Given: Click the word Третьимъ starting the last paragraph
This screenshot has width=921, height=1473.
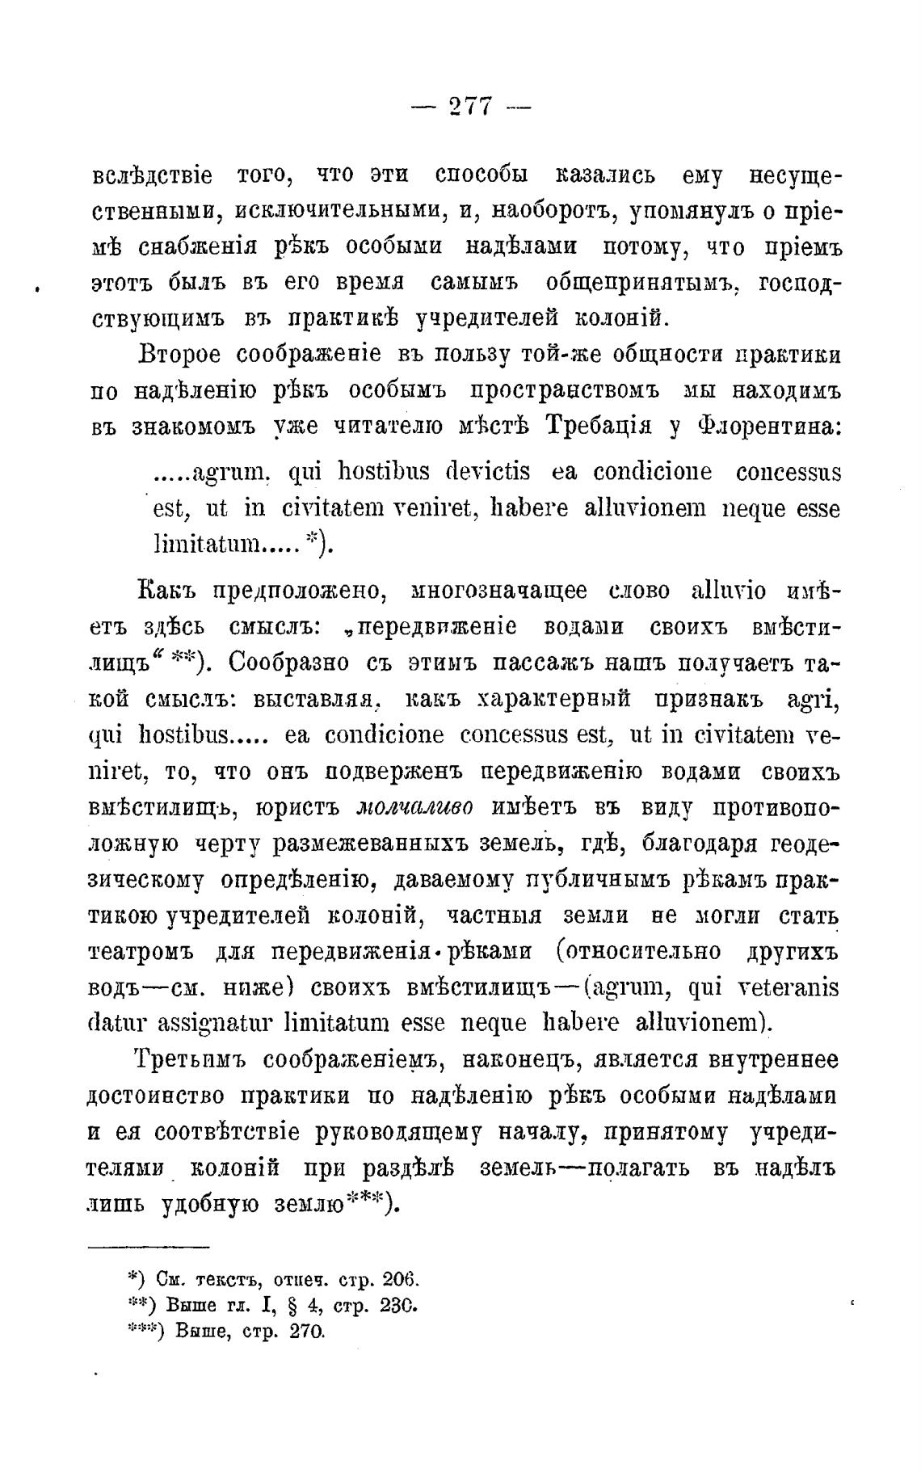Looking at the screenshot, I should (x=194, y=1060).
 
